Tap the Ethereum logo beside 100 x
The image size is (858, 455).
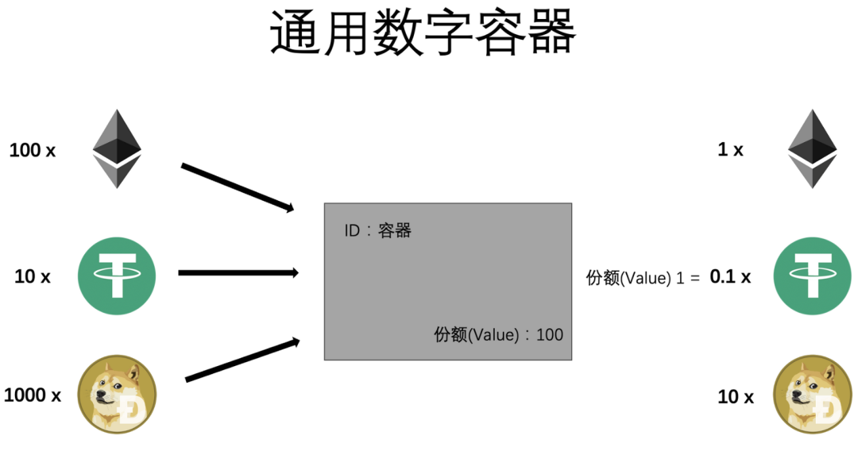pyautogui.click(x=117, y=148)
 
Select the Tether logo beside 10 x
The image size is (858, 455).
pyautogui.click(x=117, y=276)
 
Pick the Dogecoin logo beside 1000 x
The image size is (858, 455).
pyautogui.click(x=117, y=395)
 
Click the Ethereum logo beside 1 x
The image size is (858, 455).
pyautogui.click(x=813, y=148)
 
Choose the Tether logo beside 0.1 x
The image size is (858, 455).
pyautogui.click(x=813, y=276)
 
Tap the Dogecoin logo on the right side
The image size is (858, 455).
pyautogui.click(x=813, y=395)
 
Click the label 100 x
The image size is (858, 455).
pyautogui.click(x=33, y=149)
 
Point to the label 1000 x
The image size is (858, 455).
pyautogui.click(x=33, y=395)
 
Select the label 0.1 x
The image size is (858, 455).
pyautogui.click(x=730, y=277)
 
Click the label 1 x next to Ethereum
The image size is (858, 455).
pyautogui.click(x=730, y=149)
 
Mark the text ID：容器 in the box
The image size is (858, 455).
pyautogui.click(x=377, y=231)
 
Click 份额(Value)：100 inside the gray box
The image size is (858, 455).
pyautogui.click(x=498, y=334)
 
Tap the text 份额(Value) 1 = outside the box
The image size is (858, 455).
pyautogui.click(x=643, y=278)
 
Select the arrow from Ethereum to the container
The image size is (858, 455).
pyautogui.click(x=238, y=187)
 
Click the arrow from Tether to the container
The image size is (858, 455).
pyautogui.click(x=238, y=273)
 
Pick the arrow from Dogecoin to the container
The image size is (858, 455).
pyautogui.click(x=242, y=361)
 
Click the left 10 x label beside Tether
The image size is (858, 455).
pyautogui.click(x=33, y=277)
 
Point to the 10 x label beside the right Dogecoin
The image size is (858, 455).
pyautogui.click(x=736, y=396)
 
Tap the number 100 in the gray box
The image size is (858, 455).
pyautogui.click(x=550, y=334)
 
